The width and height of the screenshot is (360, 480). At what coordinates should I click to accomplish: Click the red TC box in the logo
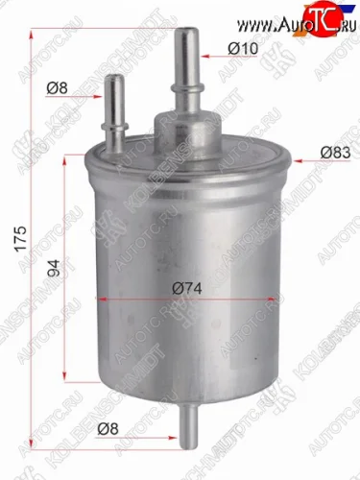point(324,14)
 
